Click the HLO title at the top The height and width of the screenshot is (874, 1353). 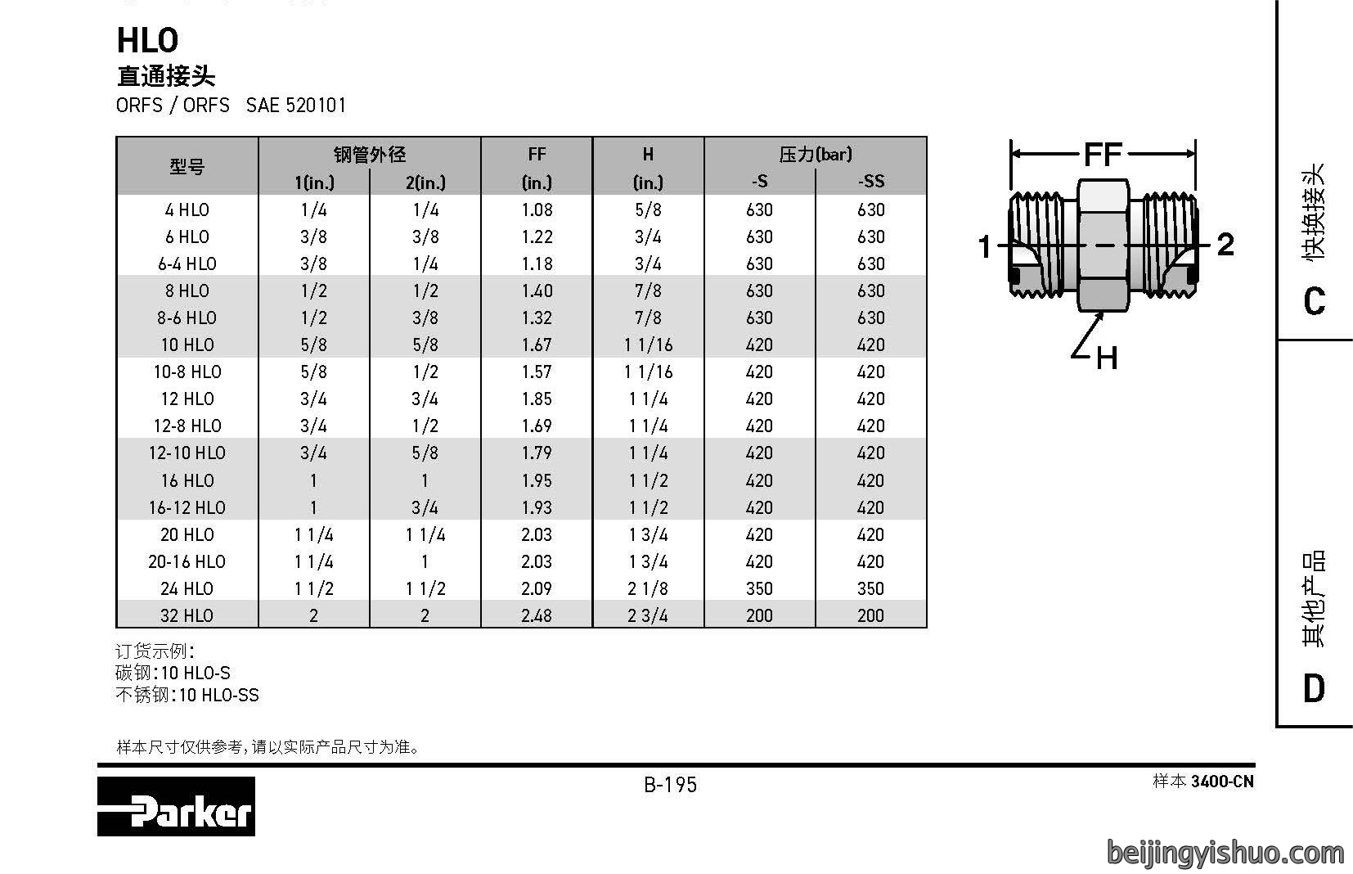(147, 40)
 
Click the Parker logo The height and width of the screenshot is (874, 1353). (177, 806)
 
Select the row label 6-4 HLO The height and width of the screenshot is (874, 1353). (187, 264)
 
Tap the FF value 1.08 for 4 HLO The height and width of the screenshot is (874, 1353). (537, 210)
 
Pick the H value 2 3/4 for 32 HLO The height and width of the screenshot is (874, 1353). (648, 616)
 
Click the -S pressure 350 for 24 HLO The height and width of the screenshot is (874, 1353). (759, 588)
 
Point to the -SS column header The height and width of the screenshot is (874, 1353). (871, 182)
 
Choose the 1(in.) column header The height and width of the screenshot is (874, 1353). (314, 182)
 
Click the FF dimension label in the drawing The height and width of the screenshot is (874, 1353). (1103, 155)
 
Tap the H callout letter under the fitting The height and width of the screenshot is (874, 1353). (1107, 358)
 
